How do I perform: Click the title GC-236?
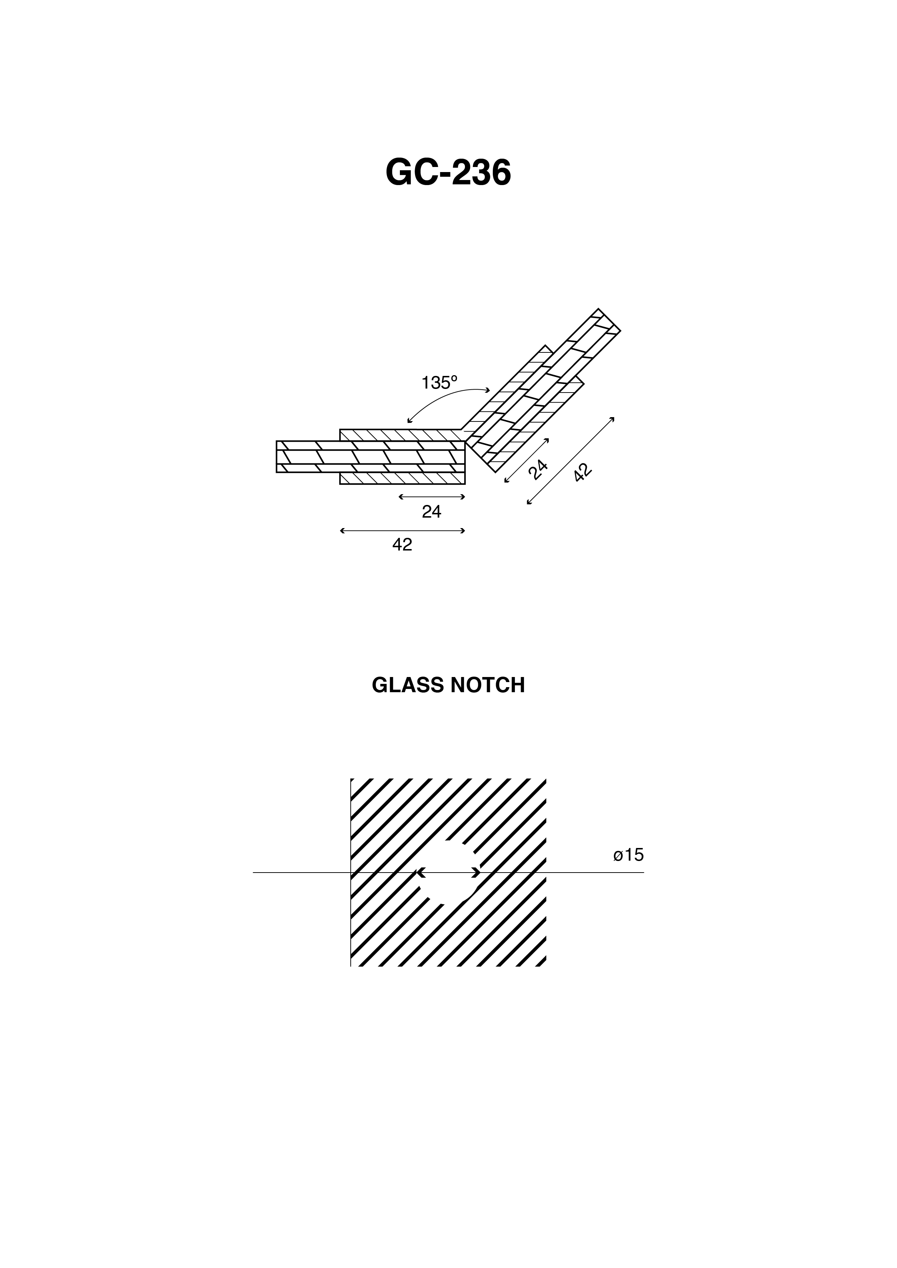pos(448,173)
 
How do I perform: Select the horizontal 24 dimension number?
pos(431,512)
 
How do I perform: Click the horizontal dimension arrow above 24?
pos(432,497)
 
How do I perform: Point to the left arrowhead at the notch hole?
pos(420,873)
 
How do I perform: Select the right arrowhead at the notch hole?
pos(475,873)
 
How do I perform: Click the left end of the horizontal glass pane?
pos(277,457)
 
